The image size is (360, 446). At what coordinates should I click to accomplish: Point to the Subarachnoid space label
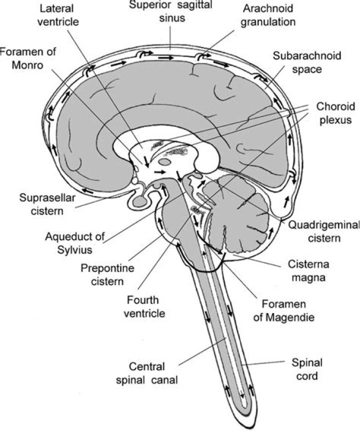[x=307, y=62]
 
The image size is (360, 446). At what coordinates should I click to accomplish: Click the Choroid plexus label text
[x=335, y=113]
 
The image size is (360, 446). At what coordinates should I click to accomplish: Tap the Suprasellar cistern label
[x=47, y=204]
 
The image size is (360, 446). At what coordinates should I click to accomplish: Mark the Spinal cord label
[x=307, y=368]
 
